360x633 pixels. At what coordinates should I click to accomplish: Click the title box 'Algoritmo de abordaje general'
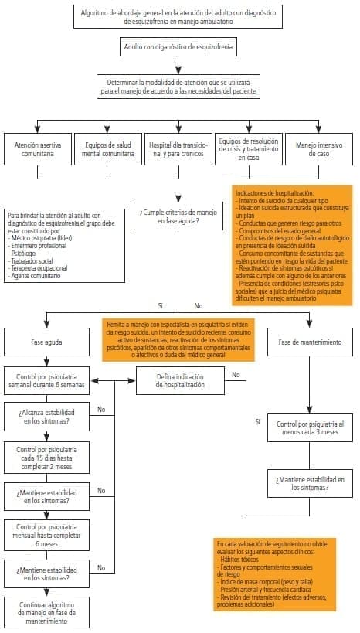pyautogui.click(x=178, y=16)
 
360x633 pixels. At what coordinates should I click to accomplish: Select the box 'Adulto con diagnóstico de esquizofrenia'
pyautogui.click(x=178, y=48)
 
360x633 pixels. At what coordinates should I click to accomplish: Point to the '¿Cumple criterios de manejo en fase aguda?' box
pyautogui.click(x=178, y=217)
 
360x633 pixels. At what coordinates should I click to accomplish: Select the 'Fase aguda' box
pyautogui.click(x=47, y=341)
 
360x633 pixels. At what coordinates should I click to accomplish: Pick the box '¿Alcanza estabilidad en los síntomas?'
pyautogui.click(x=47, y=417)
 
